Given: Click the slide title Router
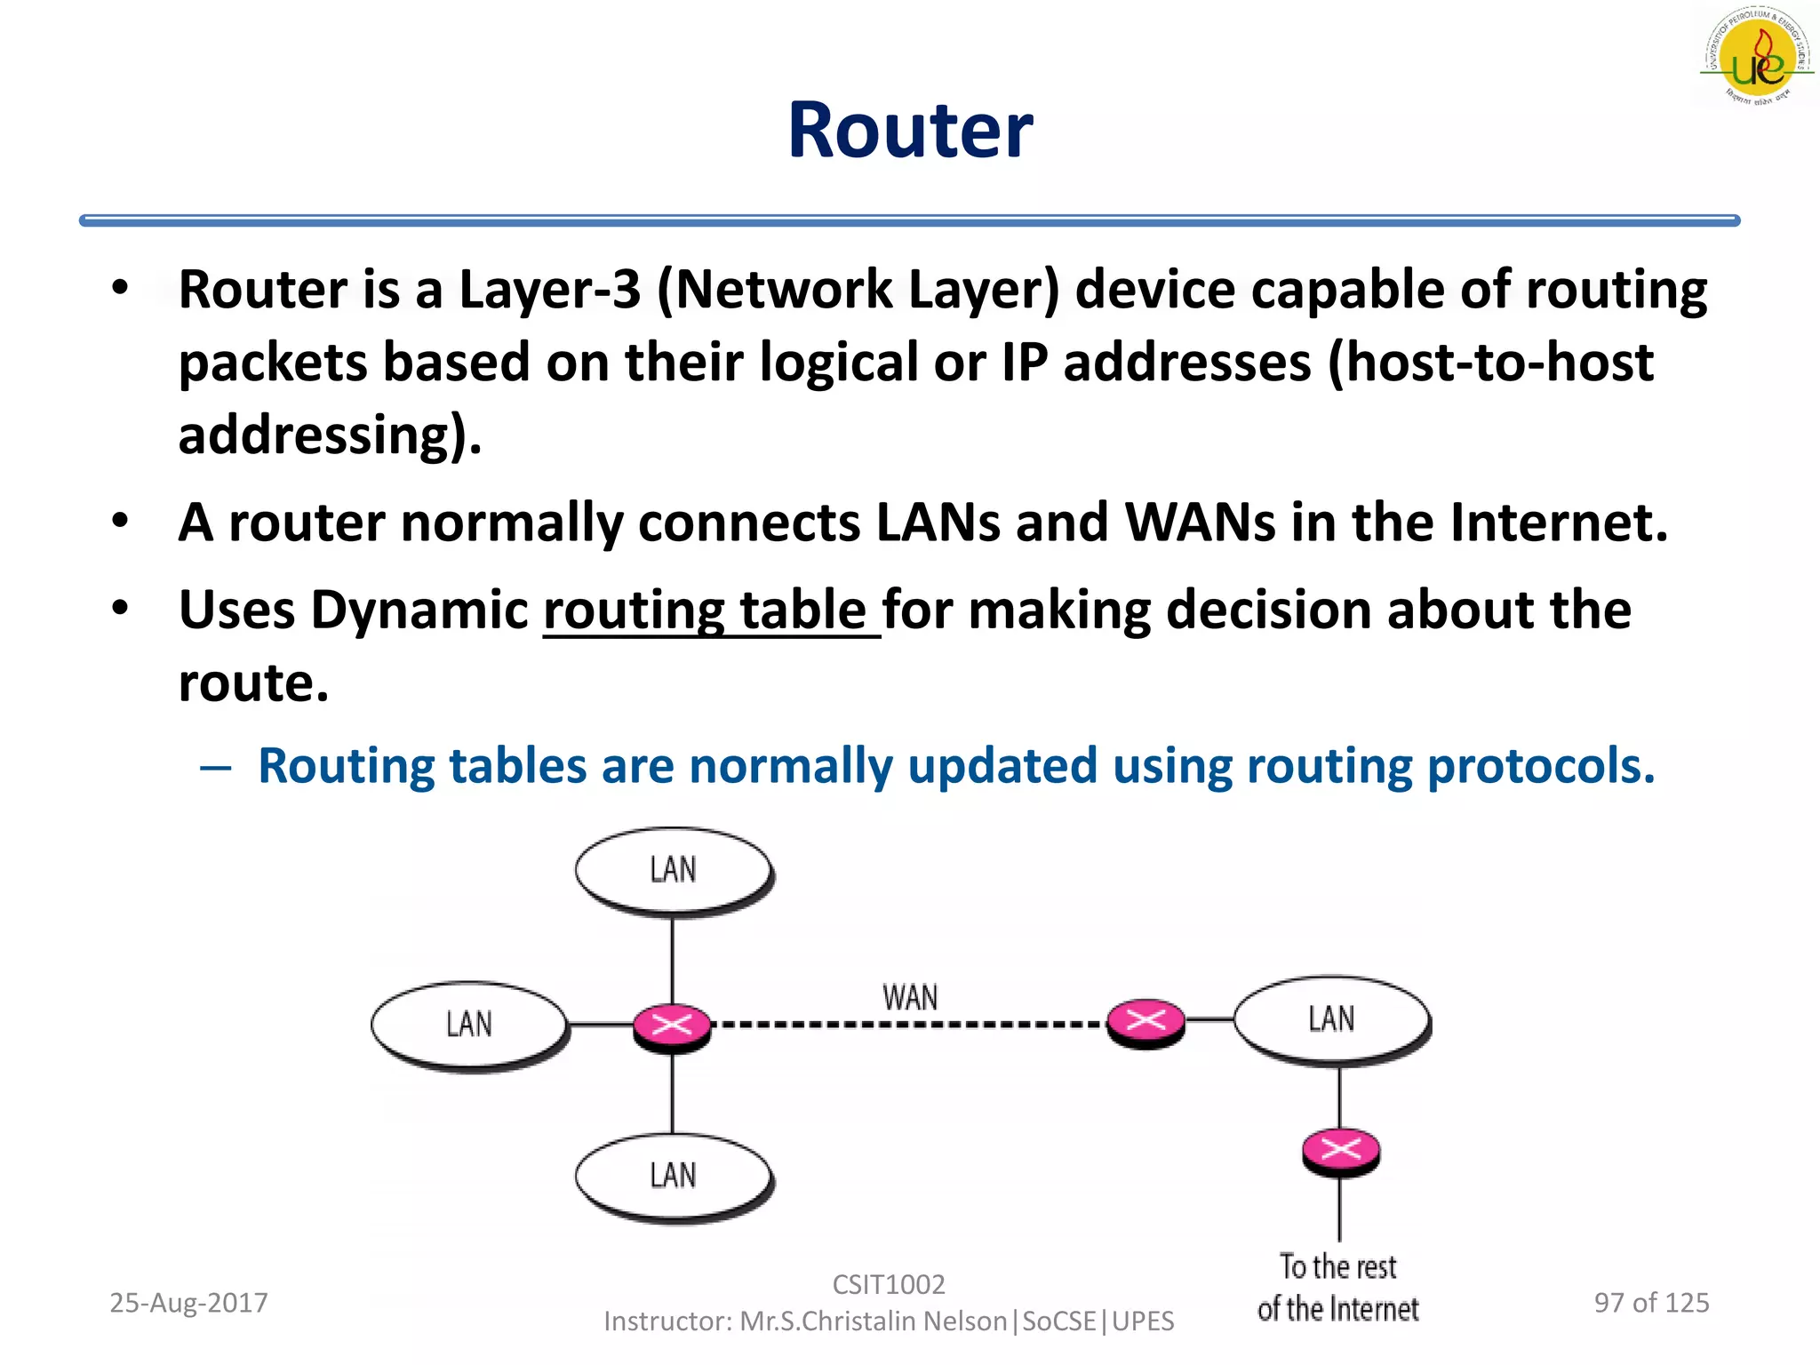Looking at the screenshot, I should click(910, 131).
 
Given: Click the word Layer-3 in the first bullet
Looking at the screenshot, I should click(549, 290).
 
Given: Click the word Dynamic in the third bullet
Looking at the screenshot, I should click(419, 611).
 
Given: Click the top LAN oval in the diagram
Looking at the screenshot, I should click(673, 870).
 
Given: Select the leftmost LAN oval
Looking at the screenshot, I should click(468, 1025).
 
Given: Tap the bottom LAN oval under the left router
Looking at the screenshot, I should click(673, 1177).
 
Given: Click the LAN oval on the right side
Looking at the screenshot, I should click(1331, 1019).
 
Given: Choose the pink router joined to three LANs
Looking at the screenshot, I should click(672, 1026).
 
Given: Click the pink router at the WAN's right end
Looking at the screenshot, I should click(1145, 1021).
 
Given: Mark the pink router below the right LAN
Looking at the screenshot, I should click(1340, 1150).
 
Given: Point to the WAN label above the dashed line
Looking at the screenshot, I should click(910, 998).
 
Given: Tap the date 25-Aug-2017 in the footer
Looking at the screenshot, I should click(188, 1303).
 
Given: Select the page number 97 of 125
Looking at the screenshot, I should click(1651, 1303).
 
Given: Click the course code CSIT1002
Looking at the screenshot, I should click(889, 1284).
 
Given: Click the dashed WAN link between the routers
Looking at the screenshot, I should click(910, 1025).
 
